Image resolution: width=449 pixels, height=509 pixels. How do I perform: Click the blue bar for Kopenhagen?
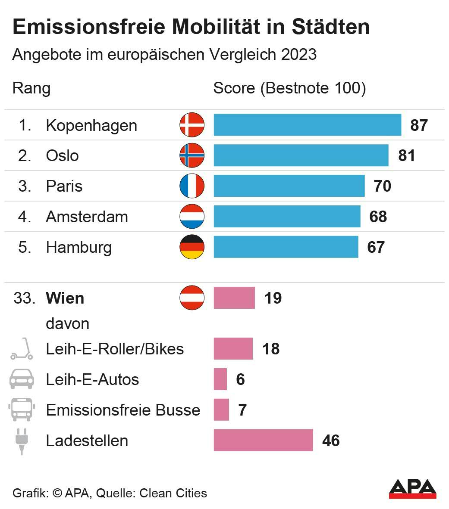307,125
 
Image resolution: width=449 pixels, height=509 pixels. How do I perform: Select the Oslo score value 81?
406,155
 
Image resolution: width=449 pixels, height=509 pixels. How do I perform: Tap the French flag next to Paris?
192,186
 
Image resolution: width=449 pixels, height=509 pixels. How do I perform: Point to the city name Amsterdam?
87,217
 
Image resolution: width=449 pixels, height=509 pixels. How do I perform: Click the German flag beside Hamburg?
192,247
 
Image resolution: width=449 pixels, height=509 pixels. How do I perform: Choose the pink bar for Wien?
234,298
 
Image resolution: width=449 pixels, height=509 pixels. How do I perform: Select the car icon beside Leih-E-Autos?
22,379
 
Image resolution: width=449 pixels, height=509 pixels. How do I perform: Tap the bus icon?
22,410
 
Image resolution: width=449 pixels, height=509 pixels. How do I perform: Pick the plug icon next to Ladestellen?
21,441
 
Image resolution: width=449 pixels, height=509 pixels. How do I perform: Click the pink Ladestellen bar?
263,440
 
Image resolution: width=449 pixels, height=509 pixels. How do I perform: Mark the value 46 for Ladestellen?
331,441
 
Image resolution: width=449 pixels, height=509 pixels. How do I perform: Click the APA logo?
412,489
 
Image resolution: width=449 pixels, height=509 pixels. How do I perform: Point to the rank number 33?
24,298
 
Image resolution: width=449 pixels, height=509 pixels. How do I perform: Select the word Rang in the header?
31,88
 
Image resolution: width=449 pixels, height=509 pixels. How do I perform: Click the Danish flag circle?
192,125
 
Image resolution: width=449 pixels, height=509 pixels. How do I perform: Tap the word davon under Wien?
68,323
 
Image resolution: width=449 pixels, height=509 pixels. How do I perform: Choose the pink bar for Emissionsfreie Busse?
221,410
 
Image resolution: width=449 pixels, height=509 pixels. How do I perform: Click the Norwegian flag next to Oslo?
192,155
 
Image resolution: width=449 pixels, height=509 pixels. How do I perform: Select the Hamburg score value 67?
376,247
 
